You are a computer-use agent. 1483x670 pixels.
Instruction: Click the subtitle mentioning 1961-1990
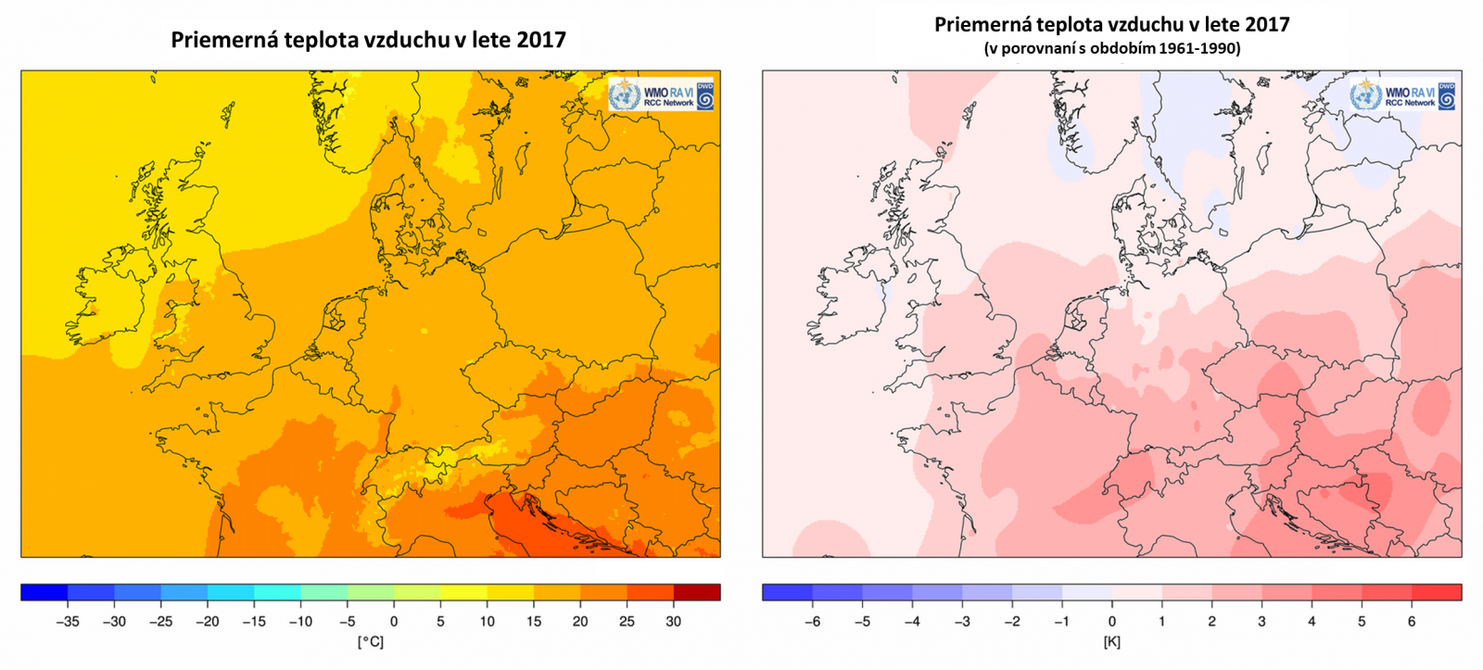point(1111,48)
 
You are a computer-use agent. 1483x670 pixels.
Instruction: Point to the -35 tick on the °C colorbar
point(67,622)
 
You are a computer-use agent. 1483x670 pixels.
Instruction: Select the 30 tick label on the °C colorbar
point(673,622)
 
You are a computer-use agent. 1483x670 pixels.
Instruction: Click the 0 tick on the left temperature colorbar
point(393,622)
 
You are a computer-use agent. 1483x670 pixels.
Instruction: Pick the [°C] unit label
point(370,641)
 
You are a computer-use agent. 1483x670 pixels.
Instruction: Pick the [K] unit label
point(1111,641)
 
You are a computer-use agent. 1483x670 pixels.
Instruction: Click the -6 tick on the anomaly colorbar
point(812,622)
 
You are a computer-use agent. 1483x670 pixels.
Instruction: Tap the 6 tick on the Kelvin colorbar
point(1412,622)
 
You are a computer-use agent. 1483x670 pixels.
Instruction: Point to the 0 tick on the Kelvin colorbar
point(1112,622)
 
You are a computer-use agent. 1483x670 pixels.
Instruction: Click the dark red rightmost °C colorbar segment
point(697,592)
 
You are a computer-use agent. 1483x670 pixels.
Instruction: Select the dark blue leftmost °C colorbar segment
point(44,592)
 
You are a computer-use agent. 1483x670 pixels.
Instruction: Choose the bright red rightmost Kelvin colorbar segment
point(1437,592)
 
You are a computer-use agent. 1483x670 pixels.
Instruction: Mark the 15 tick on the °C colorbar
point(533,622)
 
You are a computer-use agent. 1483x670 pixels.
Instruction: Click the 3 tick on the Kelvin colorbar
point(1261,622)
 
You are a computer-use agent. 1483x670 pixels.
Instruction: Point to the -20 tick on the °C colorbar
point(207,622)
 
